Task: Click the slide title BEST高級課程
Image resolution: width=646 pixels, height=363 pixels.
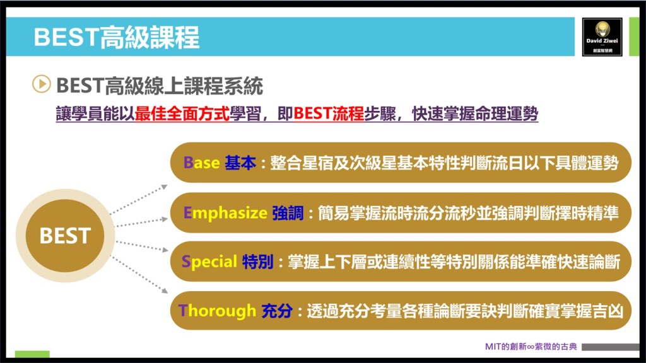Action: coord(117,37)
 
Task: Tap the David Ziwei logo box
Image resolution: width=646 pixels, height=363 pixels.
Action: coord(602,37)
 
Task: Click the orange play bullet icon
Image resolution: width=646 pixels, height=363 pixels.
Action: coord(41,84)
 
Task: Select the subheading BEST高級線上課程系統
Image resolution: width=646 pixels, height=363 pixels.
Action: coord(160,86)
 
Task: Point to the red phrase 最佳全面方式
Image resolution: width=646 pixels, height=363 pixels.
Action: coord(182,113)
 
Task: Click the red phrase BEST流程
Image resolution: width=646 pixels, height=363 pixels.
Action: coord(329,113)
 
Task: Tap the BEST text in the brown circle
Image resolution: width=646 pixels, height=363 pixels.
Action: coord(65,236)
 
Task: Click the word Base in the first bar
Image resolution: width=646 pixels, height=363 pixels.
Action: coord(201,163)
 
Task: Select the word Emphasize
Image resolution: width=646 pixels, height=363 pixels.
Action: coord(225,213)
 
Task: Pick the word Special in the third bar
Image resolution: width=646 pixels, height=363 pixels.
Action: coord(209,262)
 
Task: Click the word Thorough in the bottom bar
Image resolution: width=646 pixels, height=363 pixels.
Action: coord(217,311)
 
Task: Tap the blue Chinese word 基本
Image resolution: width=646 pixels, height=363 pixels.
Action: coord(240,163)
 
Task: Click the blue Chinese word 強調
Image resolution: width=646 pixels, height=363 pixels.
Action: coord(288,213)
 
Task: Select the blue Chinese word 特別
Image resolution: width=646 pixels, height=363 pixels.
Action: coord(258,262)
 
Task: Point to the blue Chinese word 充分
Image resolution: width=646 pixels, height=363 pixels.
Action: coord(277,311)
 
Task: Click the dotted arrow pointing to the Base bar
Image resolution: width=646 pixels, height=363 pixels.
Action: coord(139,200)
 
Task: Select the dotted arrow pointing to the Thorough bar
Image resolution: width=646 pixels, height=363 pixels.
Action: coord(139,275)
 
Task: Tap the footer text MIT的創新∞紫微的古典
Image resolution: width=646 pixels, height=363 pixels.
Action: coord(531,347)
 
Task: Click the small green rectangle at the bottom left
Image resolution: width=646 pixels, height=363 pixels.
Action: coord(32,354)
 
